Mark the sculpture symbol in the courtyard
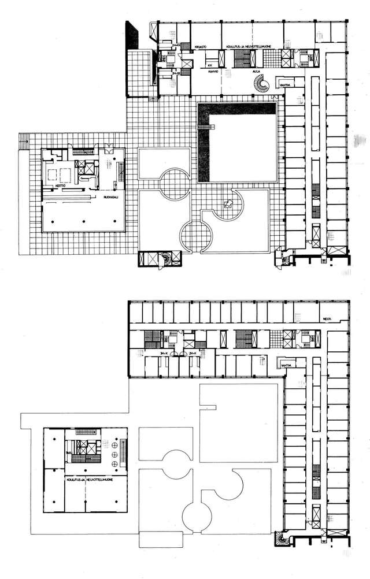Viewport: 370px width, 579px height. pos(230,202)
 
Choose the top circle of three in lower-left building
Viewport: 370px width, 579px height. pos(113,444)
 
